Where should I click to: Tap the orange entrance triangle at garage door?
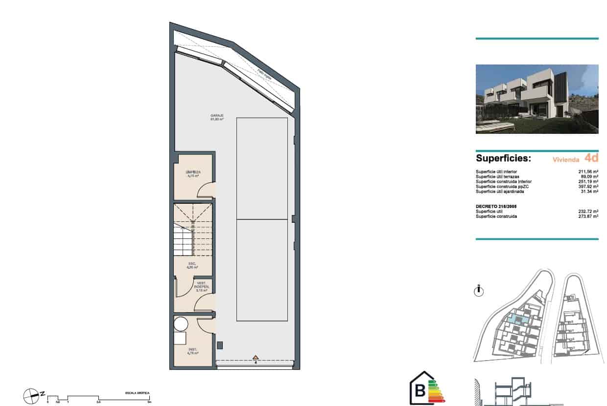(x=255, y=357)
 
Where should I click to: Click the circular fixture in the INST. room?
(x=181, y=324)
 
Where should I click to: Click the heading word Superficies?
(x=503, y=159)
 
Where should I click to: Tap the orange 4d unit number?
(x=591, y=158)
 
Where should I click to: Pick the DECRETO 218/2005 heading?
(x=496, y=206)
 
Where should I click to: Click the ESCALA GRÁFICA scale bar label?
(x=137, y=393)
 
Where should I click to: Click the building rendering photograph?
(x=537, y=99)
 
